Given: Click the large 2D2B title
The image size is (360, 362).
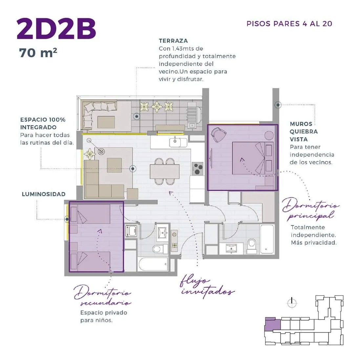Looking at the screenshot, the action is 56,29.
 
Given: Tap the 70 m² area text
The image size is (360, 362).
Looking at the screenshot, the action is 38,53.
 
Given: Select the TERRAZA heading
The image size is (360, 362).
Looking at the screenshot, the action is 173,41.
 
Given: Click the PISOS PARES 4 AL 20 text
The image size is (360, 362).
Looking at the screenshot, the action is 289,24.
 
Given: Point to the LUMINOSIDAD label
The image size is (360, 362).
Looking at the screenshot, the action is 44,194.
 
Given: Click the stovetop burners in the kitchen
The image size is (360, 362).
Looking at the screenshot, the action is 198,169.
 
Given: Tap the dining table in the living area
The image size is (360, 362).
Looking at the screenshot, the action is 164,171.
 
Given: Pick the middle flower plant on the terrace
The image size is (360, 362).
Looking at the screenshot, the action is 157,106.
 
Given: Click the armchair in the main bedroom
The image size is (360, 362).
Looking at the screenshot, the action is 219,134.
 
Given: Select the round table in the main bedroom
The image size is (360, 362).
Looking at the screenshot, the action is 269,136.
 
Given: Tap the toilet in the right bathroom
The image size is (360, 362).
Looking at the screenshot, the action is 251,246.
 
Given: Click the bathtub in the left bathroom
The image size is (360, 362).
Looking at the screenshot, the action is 154,264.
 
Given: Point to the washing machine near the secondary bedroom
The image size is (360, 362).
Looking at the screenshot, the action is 131,231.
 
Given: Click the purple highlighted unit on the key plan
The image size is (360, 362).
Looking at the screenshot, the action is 273,324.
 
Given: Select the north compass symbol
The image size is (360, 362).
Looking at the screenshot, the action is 292,303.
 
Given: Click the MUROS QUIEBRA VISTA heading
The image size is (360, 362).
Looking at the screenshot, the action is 304,132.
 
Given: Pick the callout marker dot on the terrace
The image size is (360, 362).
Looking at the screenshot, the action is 137,116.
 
